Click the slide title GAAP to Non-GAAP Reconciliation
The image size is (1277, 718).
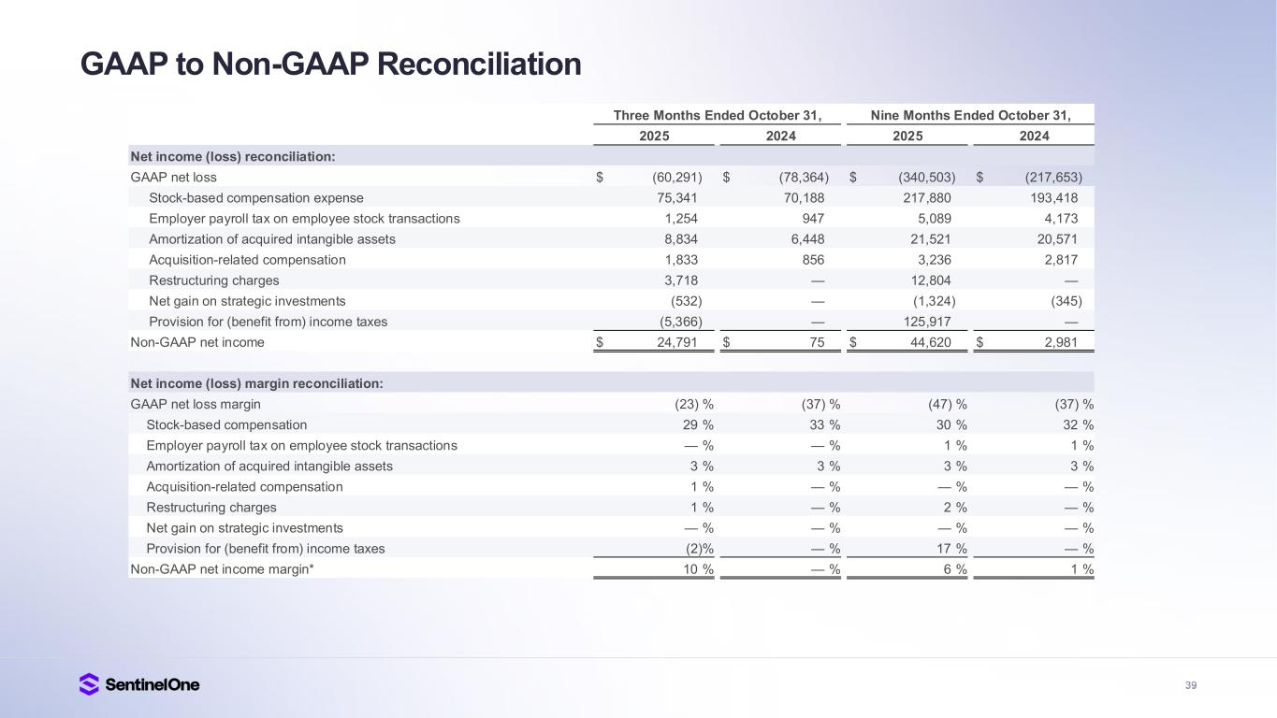(x=330, y=64)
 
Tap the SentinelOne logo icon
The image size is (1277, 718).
(x=89, y=684)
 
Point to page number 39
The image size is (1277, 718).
(x=1191, y=685)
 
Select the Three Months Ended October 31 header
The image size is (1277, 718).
(x=718, y=116)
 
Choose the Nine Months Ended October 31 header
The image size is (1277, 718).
(x=970, y=116)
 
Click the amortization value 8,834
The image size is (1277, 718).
(x=678, y=239)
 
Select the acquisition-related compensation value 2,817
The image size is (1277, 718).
(x=1058, y=260)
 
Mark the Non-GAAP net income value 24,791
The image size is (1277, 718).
(x=675, y=342)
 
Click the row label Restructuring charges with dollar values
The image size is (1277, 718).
(x=213, y=280)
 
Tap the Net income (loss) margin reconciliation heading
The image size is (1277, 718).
(x=257, y=383)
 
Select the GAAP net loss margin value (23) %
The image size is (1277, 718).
(x=694, y=405)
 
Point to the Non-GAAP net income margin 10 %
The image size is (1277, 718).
(x=696, y=569)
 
